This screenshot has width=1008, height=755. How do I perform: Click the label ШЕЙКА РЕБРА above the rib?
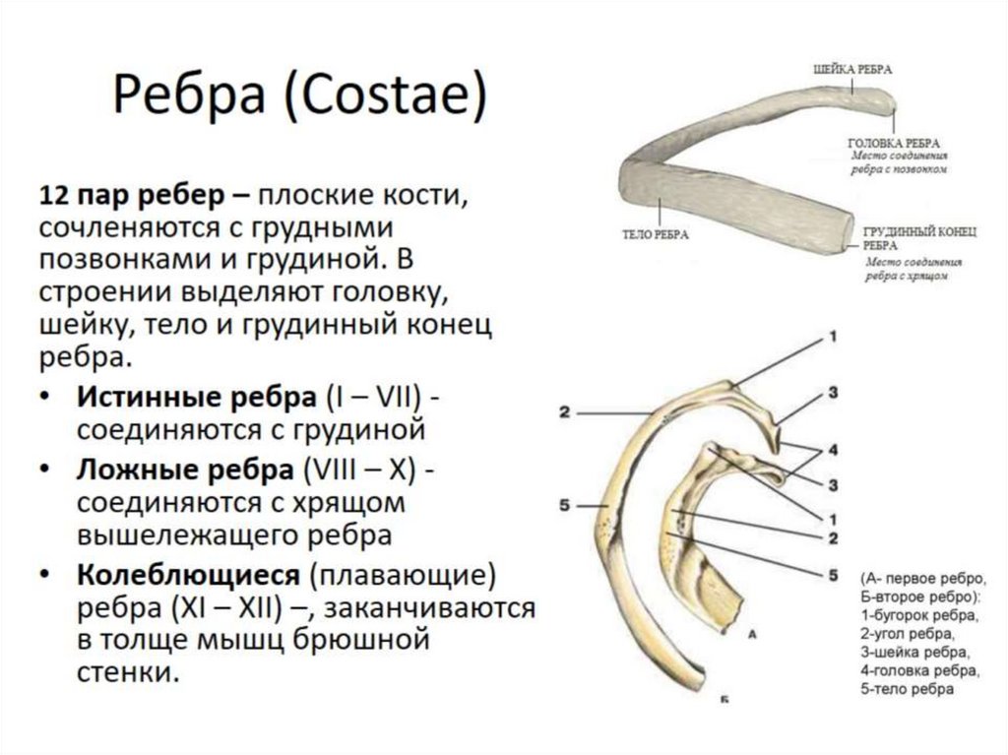click(x=852, y=71)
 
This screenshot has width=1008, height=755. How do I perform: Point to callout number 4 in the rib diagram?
click(x=832, y=451)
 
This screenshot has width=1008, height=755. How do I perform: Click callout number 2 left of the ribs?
click(x=564, y=412)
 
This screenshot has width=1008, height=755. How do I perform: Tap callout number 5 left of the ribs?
click(x=564, y=506)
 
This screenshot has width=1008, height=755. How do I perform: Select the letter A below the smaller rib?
click(x=751, y=636)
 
